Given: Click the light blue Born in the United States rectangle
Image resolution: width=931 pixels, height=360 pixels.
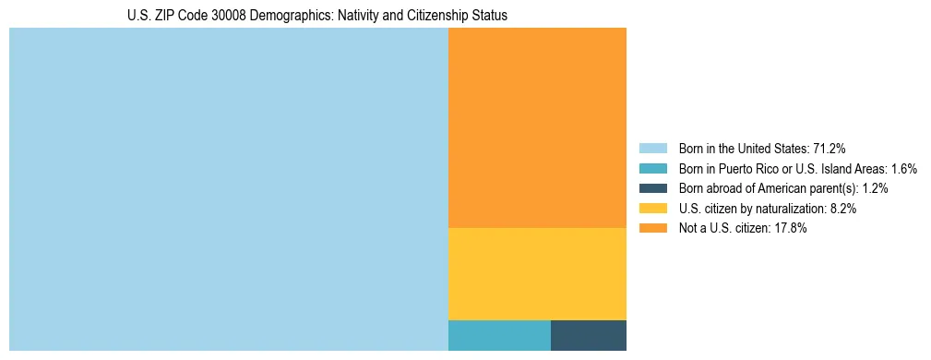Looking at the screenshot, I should pos(228,189).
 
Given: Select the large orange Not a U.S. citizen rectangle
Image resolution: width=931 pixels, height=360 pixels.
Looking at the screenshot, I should pos(537,127).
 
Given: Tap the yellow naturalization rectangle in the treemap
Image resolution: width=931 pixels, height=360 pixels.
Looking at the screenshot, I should pos(537,273).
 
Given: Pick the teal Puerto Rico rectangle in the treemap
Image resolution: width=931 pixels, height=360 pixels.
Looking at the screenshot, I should pos(499,335).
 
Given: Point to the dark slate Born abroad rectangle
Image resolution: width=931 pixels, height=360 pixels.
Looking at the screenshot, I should pos(589,335).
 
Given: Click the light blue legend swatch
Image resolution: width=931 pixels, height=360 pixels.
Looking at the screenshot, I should pos(652,149).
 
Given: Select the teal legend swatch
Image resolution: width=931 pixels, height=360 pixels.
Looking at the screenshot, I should pos(652,169).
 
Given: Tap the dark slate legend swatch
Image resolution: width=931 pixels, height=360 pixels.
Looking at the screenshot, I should pos(652,188).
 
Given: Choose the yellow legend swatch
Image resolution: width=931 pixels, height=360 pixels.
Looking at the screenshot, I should pos(652,209).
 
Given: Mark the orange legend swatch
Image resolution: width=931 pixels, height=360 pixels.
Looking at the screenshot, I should pos(652,228).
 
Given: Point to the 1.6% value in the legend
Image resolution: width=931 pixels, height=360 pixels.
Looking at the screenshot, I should pos(903,169).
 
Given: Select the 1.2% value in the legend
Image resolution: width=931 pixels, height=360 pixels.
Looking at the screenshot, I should pos(876,188).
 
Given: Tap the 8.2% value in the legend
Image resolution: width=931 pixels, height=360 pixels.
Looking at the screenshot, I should pos(843,209).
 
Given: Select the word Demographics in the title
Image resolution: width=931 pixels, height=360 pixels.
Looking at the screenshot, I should pos(290,16).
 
